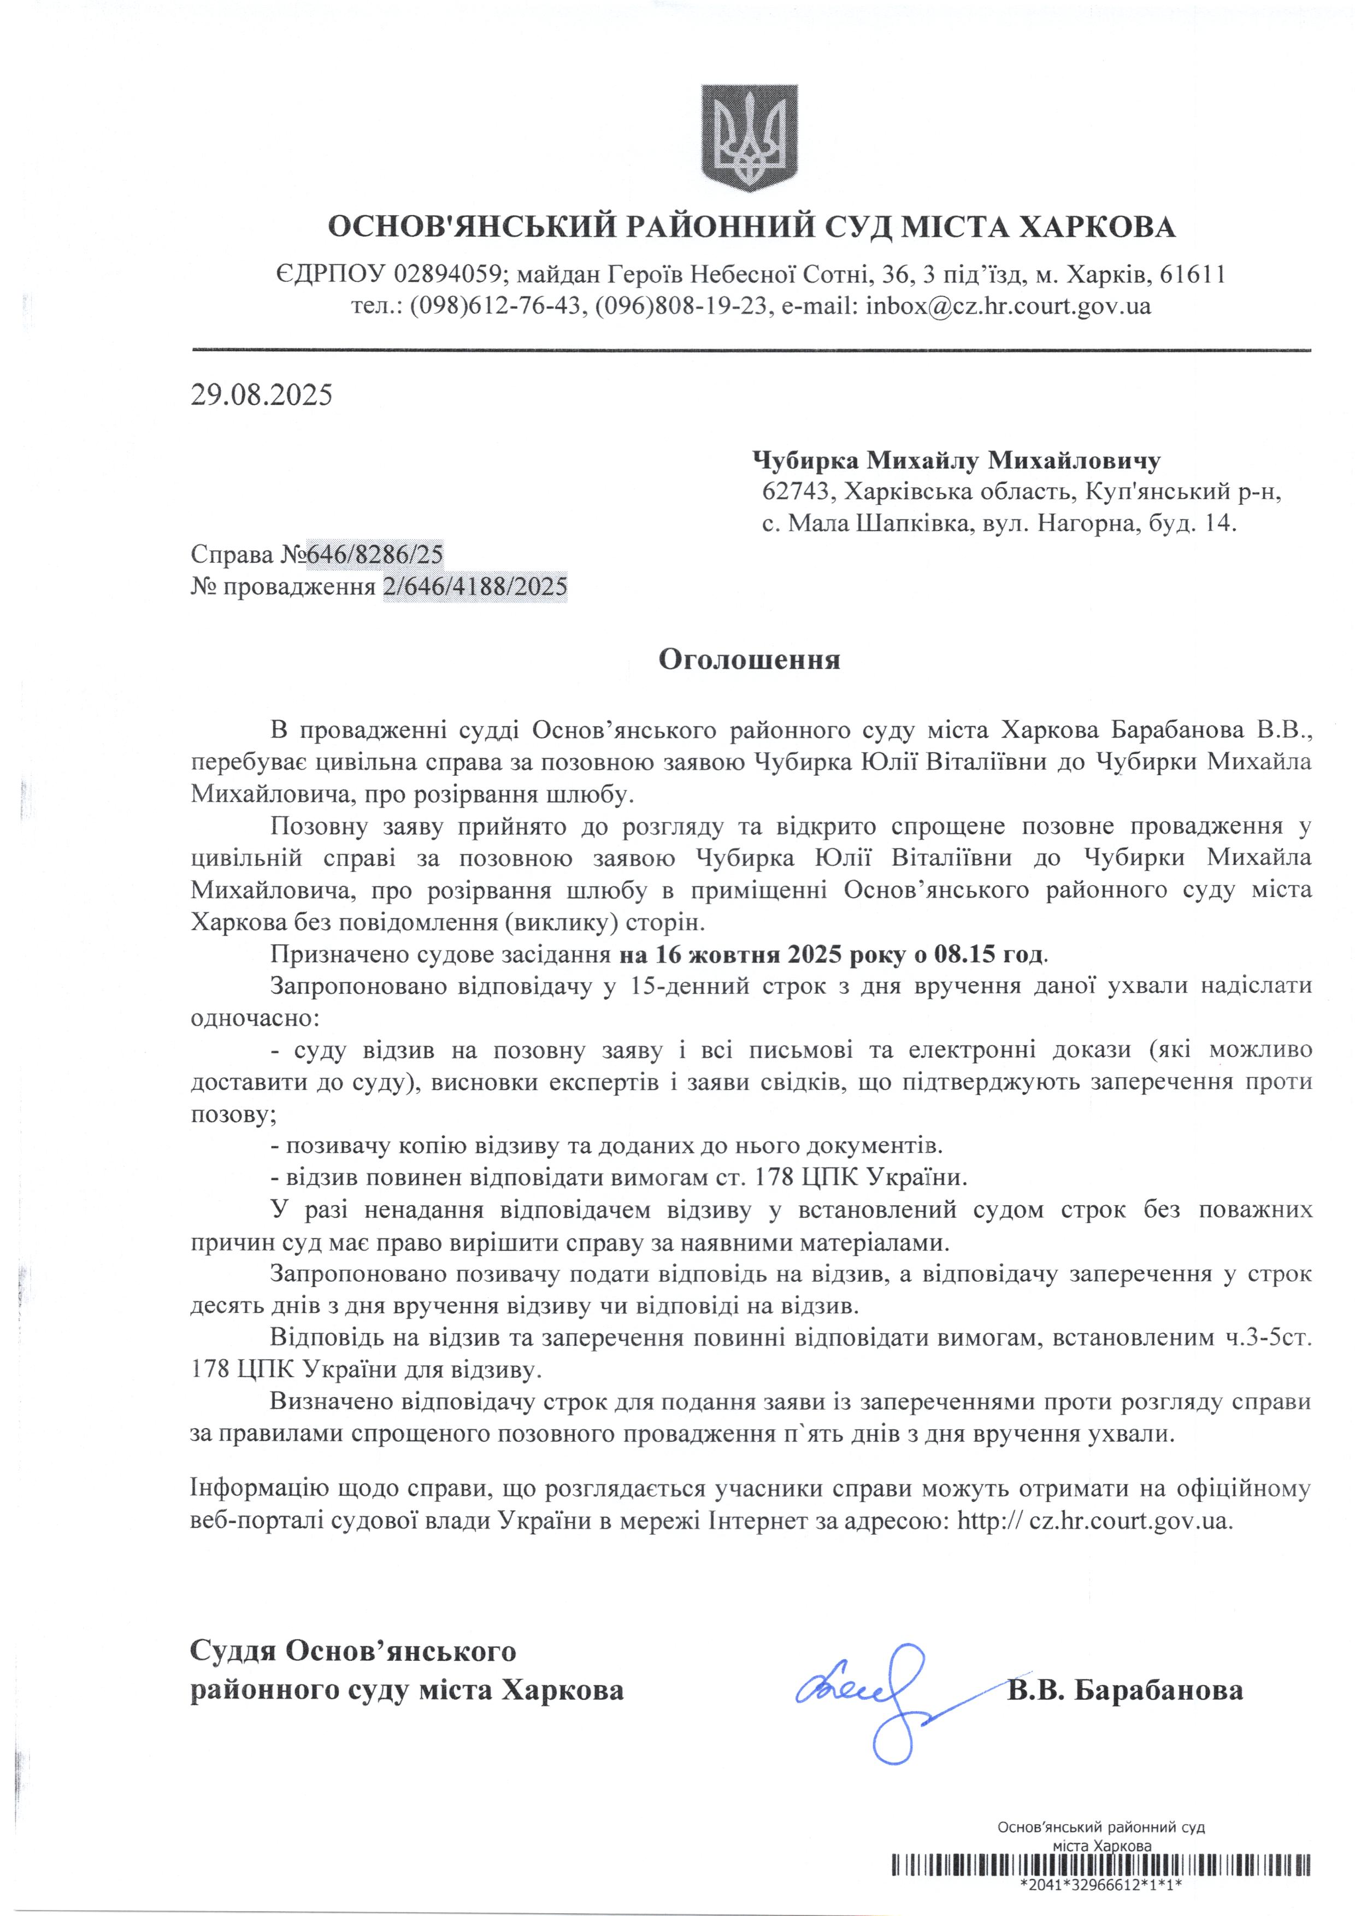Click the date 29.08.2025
[x=261, y=394]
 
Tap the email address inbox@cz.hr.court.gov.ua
[x=1008, y=305]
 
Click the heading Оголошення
[x=749, y=659]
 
